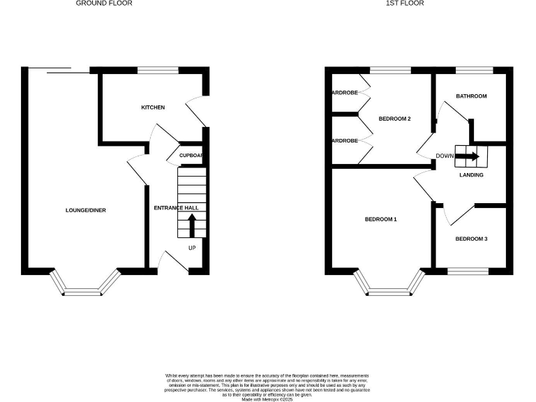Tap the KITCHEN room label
click(x=153, y=107)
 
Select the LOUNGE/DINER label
click(x=86, y=210)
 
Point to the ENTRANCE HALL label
click(x=176, y=208)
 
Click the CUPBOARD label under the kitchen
click(x=191, y=156)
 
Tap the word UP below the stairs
click(x=192, y=248)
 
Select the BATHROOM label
click(x=471, y=96)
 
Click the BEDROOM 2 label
click(x=394, y=119)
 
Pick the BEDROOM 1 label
click(x=381, y=219)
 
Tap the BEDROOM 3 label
click(x=471, y=239)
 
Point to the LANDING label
click(x=471, y=175)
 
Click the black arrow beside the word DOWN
click(x=468, y=156)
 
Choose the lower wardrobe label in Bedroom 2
click(x=345, y=141)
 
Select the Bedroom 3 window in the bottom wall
click(x=467, y=270)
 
